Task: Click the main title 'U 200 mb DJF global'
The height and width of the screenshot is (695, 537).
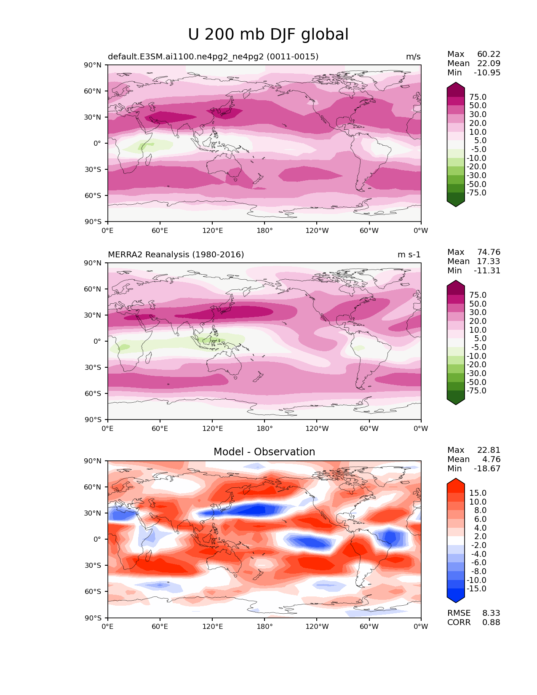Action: coord(268,35)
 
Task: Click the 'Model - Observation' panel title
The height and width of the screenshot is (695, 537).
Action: coord(264,452)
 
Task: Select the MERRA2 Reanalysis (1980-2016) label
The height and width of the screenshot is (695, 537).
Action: coord(176,255)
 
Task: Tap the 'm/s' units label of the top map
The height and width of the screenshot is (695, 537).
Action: coord(413,57)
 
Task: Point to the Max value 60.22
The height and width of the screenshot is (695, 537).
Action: coord(489,54)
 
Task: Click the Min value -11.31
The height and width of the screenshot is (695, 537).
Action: coord(487,271)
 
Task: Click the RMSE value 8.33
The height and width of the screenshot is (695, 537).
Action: coord(491,613)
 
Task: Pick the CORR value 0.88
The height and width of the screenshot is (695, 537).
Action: coord(491,623)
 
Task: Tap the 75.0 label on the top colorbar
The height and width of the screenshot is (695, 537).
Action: coord(478,97)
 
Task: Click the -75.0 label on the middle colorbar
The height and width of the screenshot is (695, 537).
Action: coord(476,391)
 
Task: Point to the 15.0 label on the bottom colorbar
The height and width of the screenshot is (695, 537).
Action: coord(478,493)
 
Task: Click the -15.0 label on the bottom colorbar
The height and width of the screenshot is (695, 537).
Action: coord(476,589)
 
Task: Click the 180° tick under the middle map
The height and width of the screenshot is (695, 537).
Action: coord(264,429)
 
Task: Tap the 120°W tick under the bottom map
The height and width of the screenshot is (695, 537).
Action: coord(317,627)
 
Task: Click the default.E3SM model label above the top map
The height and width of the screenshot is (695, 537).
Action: coord(213,57)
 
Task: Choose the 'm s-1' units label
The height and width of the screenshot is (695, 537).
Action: coord(409,255)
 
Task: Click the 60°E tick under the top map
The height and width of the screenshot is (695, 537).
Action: coord(160,231)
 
